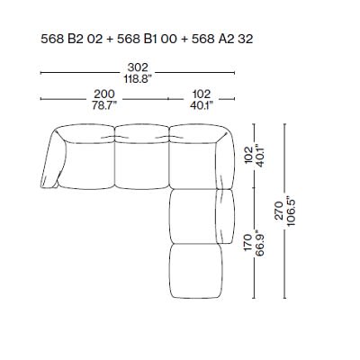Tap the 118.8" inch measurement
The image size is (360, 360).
139,79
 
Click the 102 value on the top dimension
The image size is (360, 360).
201,94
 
